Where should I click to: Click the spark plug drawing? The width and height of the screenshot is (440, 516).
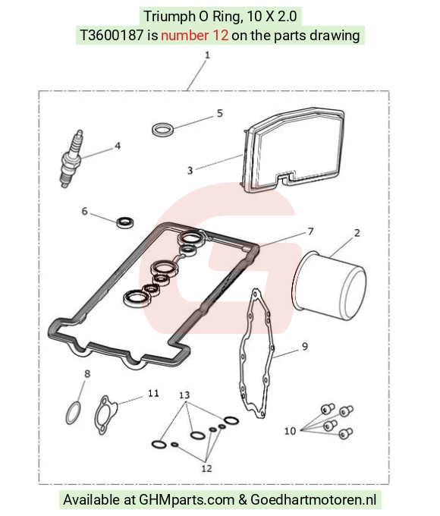point(71,159)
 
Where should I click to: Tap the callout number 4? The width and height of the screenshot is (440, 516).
point(118,146)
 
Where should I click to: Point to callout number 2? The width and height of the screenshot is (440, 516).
point(357,233)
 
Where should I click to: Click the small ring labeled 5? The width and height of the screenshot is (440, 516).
point(163,129)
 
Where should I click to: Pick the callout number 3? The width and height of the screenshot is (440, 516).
point(190,171)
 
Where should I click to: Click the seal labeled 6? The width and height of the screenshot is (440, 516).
point(125,222)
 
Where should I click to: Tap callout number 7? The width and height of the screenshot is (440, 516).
point(310,231)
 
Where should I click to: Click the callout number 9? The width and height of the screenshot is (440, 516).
point(305,346)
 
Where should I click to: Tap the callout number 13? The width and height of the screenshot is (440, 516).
point(184,395)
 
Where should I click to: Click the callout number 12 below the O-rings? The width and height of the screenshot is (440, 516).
point(206,468)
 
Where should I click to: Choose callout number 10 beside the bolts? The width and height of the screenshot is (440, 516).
point(290,431)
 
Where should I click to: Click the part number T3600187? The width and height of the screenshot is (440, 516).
point(112,35)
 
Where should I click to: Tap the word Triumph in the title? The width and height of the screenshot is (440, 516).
point(168,17)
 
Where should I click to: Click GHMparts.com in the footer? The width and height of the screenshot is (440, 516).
point(187,499)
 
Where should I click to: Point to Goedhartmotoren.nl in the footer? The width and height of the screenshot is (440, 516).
point(313,499)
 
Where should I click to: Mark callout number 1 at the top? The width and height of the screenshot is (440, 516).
point(207,55)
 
